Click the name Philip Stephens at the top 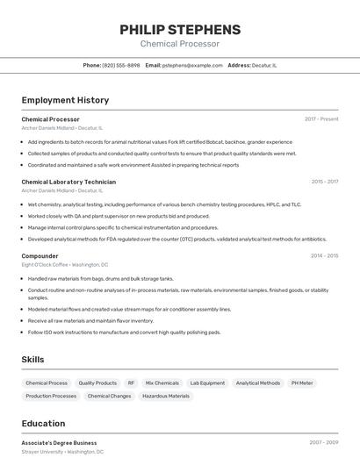[x=180, y=30]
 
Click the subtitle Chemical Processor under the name [x=180, y=44]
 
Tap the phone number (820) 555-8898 [x=121, y=65]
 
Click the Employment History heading [x=65, y=100]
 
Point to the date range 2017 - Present [x=321, y=118]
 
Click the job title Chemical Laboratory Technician [x=68, y=182]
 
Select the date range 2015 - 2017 [x=324, y=182]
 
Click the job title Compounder [x=40, y=256]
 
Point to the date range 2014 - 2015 [x=324, y=256]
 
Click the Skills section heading [x=32, y=360]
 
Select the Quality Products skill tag [x=97, y=383]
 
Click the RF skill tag [x=131, y=383]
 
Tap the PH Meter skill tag [x=302, y=383]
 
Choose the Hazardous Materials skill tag [x=166, y=397]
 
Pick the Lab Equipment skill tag [x=207, y=383]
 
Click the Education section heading [x=43, y=424]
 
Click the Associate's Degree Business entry [x=59, y=443]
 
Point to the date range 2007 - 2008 [x=324, y=443]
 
